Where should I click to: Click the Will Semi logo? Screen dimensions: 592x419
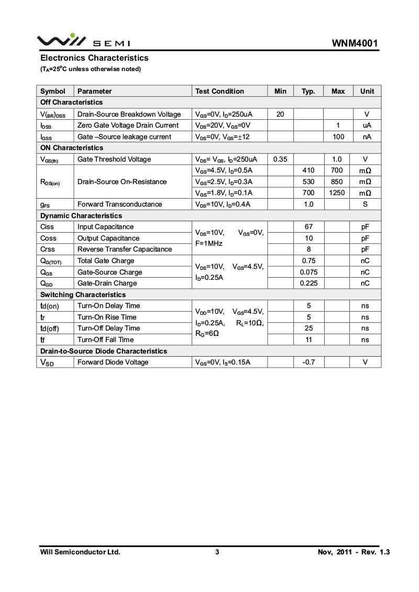coord(83,40)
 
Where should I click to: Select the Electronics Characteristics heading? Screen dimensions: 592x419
coord(94,58)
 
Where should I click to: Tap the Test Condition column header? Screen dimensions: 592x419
coord(219,91)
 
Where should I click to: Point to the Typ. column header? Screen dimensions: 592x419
coord(308,91)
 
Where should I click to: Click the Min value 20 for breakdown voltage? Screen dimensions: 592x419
coord(280,114)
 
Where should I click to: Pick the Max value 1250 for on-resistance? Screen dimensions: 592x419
coord(338,193)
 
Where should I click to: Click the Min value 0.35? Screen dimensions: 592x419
coord(280,159)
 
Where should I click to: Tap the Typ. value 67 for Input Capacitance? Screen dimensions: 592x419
coord(308,227)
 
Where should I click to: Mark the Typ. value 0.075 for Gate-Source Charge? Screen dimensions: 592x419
coord(308,272)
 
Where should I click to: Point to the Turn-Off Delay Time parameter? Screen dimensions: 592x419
coord(108,328)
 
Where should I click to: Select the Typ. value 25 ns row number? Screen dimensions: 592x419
coord(308,328)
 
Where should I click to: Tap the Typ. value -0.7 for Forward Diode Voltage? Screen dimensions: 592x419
coord(308,362)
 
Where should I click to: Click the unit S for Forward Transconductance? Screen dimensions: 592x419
coord(365,204)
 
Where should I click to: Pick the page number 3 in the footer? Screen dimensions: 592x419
coord(217,552)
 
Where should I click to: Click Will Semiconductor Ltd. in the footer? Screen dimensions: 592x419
coord(80,552)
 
